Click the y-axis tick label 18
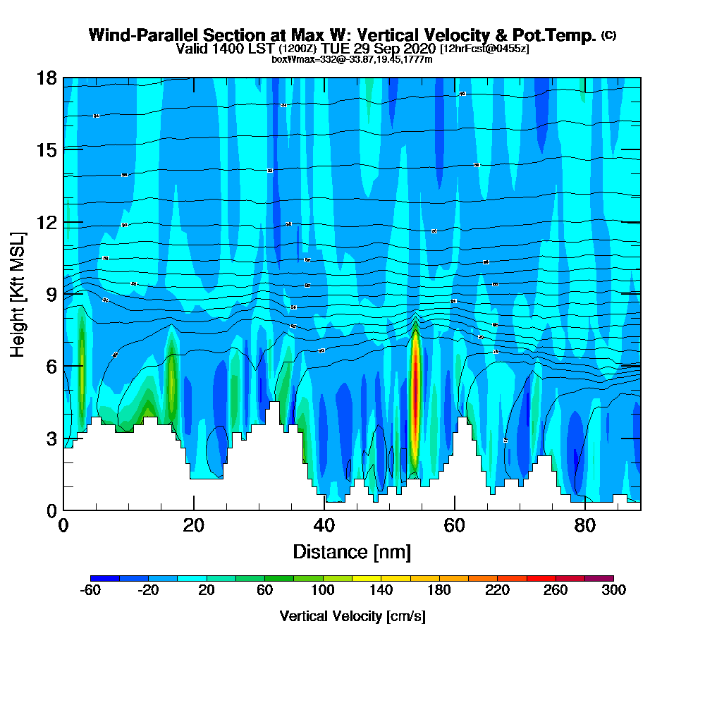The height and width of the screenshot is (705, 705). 47,78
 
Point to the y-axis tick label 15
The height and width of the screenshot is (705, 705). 47,149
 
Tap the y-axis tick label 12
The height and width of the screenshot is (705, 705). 47,222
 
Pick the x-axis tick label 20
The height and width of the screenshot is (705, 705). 194,526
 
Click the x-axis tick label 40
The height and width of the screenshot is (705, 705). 324,526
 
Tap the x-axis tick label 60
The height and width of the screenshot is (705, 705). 455,526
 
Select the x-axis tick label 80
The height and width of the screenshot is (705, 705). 585,526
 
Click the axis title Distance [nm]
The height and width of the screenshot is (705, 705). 352,551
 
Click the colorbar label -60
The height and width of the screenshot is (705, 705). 90,591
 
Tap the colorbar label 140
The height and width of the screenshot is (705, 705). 381,591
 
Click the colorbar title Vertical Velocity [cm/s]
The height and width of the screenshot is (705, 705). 352,616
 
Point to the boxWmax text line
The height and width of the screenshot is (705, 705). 352,59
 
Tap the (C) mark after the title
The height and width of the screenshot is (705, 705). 608,35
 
